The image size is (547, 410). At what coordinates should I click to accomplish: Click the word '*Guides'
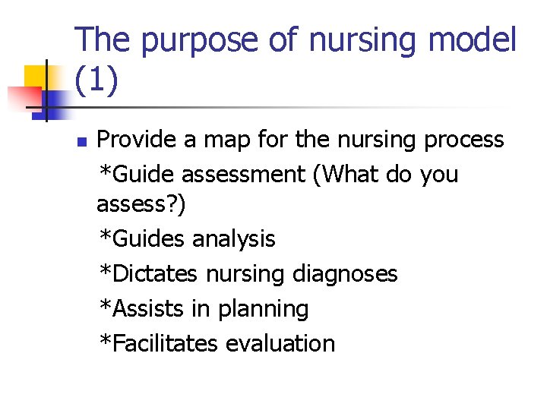click(x=142, y=239)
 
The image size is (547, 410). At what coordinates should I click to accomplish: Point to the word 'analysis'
click(x=233, y=239)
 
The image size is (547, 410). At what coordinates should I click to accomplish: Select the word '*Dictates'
click(x=148, y=273)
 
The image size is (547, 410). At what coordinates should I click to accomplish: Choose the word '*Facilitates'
click(x=159, y=343)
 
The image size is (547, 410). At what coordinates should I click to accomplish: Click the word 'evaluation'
click(x=280, y=343)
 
